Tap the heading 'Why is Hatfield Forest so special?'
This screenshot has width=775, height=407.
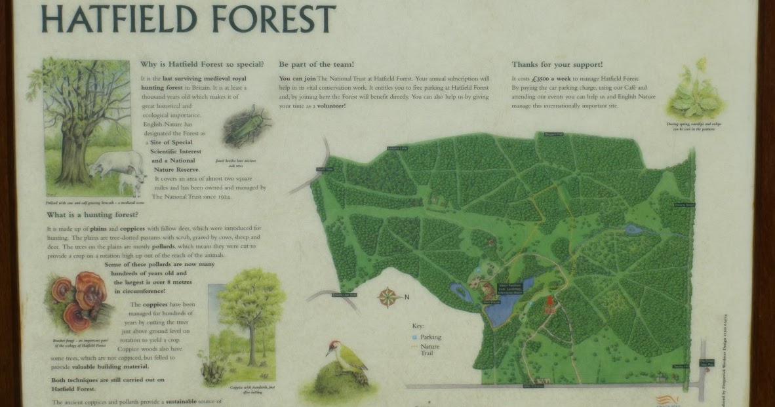click(202, 64)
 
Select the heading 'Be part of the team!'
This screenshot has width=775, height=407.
click(316, 64)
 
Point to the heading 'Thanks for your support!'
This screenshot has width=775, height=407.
click(557, 64)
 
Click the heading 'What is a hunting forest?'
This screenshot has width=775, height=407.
click(92, 214)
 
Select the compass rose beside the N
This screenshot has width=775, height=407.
click(389, 298)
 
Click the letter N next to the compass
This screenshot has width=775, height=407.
click(407, 298)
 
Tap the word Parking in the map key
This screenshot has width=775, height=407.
click(430, 337)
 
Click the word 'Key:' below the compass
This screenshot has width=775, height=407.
click(418, 326)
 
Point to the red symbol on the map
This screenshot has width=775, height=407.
click(549, 303)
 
